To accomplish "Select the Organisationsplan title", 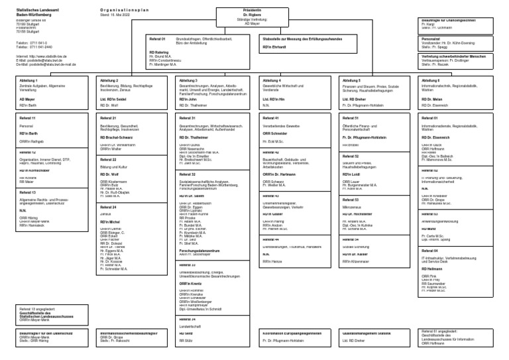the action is tap(123, 11).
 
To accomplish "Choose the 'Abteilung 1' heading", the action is tap(29, 80).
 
